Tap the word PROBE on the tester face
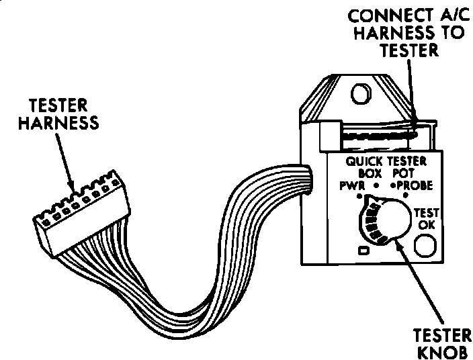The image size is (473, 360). [415, 185]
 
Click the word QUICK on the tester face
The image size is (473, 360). [365, 161]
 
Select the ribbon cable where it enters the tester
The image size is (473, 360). [306, 180]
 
